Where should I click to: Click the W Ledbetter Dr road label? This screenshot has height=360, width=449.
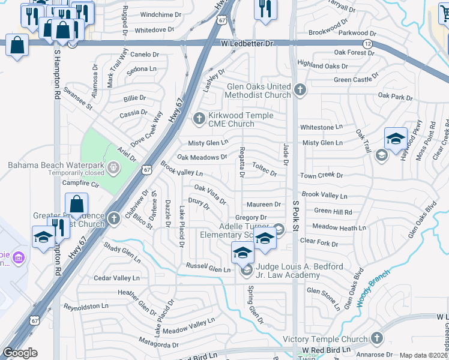[x=247, y=44]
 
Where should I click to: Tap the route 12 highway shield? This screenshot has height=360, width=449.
[x=366, y=44]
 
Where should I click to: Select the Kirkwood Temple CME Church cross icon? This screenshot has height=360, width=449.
[x=199, y=117]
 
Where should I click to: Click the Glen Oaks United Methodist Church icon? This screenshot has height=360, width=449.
[x=300, y=91]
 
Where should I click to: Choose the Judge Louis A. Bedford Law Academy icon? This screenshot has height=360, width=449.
[x=246, y=271]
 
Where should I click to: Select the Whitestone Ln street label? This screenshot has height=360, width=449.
[x=321, y=127]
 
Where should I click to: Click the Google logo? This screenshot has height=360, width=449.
[x=20, y=353]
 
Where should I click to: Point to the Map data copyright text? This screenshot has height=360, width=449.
[x=423, y=355]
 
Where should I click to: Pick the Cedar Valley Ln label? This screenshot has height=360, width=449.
[x=116, y=278]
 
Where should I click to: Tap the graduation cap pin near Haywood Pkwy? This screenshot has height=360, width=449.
[x=396, y=139]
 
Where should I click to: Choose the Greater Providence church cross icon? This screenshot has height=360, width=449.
[x=114, y=218]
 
